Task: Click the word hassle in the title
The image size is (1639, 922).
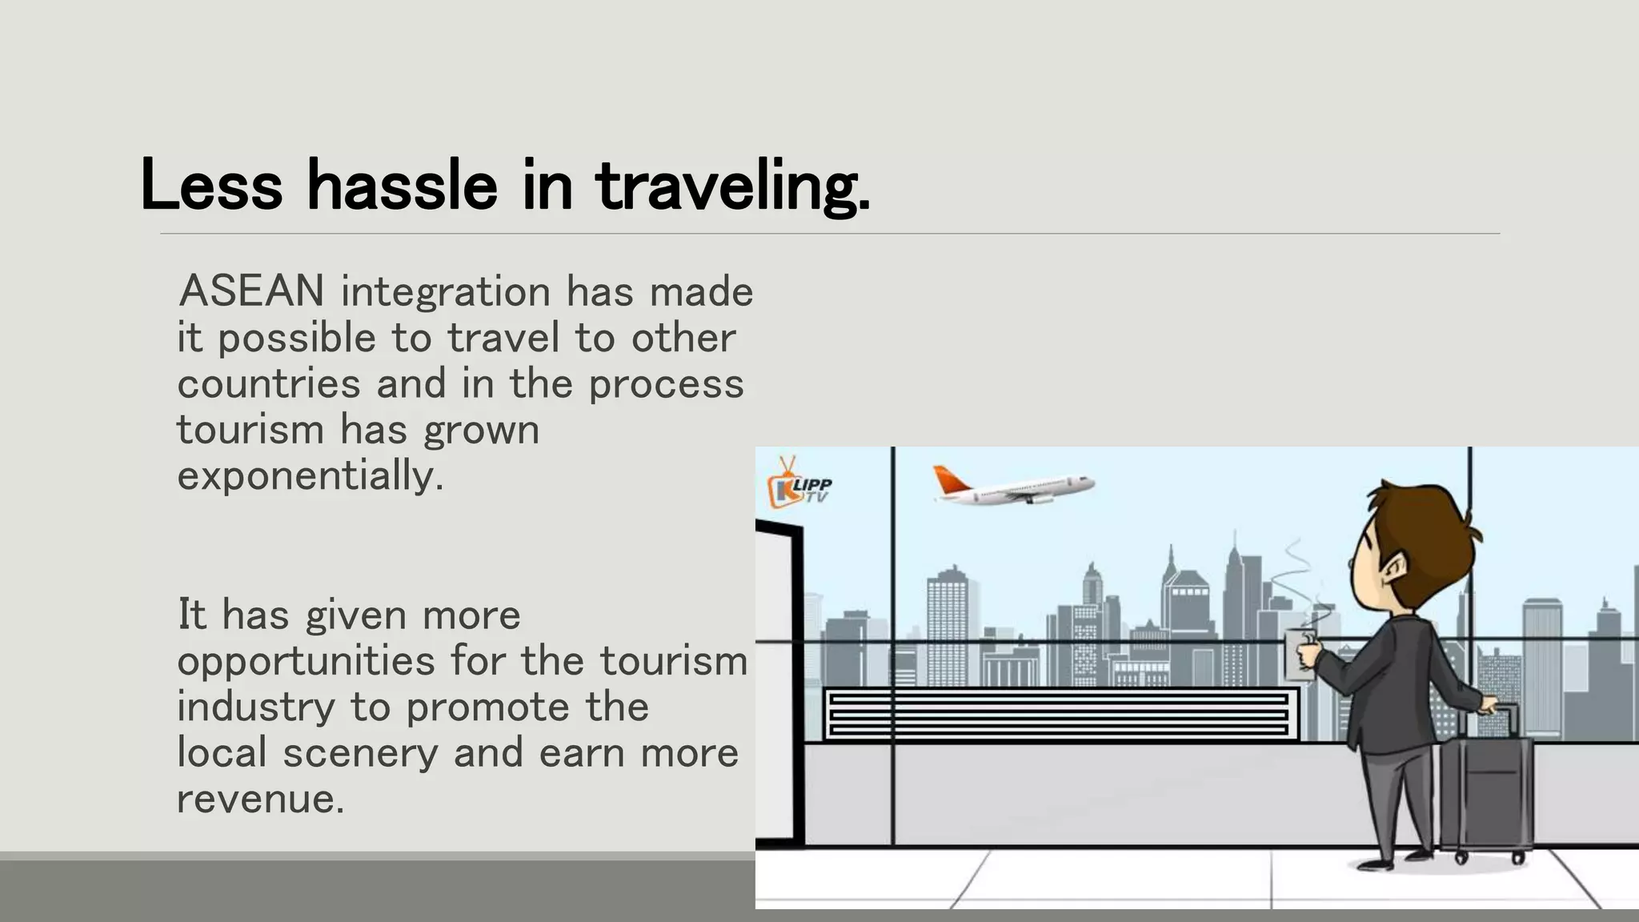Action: tap(403, 186)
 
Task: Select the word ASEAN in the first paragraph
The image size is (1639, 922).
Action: tap(251, 291)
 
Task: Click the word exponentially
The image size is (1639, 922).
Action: tap(310, 476)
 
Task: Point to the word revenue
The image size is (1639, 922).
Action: tap(260, 799)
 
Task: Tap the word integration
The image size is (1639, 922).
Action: tap(446, 291)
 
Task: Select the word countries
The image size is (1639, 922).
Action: tap(269, 383)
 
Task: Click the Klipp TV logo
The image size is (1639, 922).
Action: tap(798, 483)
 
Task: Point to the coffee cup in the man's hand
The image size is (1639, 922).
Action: tap(1300, 652)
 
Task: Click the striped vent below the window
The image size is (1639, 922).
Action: tap(1060, 714)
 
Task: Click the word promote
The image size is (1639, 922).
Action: tap(487, 708)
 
